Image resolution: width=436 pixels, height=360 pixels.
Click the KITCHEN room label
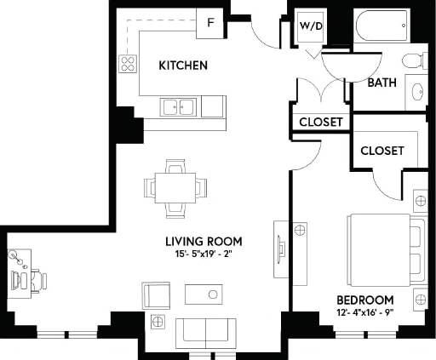click(183, 66)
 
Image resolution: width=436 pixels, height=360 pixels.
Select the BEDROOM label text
click(364, 300)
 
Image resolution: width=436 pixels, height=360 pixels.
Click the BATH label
click(382, 83)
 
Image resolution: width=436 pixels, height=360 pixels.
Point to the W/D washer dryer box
click(309, 26)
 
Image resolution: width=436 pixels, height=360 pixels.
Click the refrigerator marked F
click(209, 24)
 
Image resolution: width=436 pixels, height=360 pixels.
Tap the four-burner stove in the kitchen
click(129, 64)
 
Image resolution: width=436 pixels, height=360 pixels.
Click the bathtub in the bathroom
click(382, 28)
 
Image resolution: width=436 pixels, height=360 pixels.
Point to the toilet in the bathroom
click(411, 61)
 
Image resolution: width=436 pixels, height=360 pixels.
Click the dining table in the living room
click(175, 186)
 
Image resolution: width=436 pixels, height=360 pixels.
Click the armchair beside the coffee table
click(156, 295)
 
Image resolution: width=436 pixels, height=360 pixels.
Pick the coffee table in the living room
click(202, 294)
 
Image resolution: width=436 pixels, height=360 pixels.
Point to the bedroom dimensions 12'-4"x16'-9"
click(364, 313)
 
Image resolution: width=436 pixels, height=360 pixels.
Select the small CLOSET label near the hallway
click(321, 123)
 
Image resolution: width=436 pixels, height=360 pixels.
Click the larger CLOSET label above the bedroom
click(381, 150)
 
